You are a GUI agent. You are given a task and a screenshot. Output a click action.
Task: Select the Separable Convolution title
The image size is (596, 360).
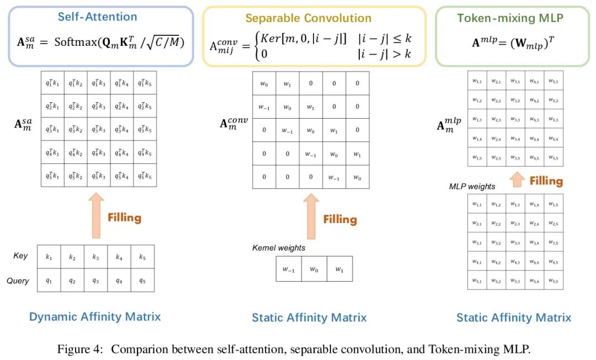point(308,18)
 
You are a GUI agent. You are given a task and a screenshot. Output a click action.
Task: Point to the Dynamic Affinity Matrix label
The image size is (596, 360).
point(95,316)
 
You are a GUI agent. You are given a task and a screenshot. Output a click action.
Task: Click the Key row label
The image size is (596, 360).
point(20,256)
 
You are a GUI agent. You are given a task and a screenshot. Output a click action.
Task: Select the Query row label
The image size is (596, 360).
point(18,280)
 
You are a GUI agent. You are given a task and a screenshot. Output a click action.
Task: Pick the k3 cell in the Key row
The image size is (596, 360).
point(95,257)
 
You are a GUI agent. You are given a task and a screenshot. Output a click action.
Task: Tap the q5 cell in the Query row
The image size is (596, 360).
point(142,280)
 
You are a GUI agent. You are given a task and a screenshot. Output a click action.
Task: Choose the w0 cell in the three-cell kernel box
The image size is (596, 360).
point(314,269)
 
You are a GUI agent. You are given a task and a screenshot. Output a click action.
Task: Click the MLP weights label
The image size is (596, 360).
point(473,187)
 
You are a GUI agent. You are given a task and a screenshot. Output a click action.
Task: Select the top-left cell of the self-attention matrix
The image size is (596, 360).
point(52,83)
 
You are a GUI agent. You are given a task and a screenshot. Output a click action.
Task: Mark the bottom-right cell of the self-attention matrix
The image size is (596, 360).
point(144,176)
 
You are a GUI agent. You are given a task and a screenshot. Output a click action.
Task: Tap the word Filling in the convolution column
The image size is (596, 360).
point(340,219)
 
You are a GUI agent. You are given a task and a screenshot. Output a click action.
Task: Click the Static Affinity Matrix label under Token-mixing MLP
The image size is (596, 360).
point(513,317)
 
